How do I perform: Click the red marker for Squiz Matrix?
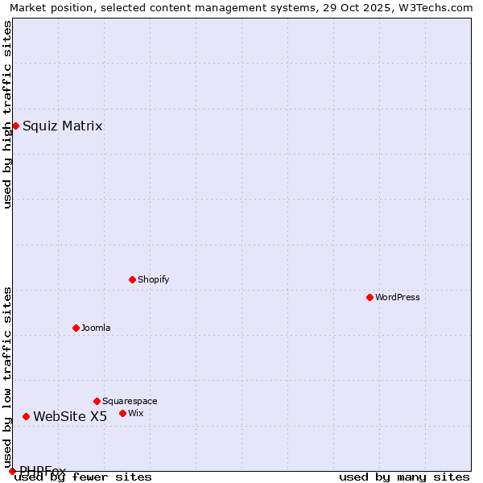point(15,126)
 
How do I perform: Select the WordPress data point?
point(369,297)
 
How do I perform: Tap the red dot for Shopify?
point(132,279)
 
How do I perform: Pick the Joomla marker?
point(76,328)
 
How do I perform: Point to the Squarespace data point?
point(97,401)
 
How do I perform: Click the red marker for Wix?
point(122,413)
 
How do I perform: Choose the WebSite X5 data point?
point(26,416)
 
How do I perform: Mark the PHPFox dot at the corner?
point(12,471)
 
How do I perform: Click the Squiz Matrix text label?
point(62,126)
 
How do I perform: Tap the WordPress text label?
point(397,297)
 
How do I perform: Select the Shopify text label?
point(153,279)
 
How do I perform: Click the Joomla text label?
point(96,328)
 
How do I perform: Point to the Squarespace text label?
point(130,401)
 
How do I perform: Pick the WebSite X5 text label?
point(70,416)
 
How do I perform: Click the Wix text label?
point(135,413)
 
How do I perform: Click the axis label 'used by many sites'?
point(404,477)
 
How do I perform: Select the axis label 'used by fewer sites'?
point(83,477)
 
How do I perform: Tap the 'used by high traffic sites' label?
point(7,114)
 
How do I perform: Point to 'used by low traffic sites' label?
point(7,372)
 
